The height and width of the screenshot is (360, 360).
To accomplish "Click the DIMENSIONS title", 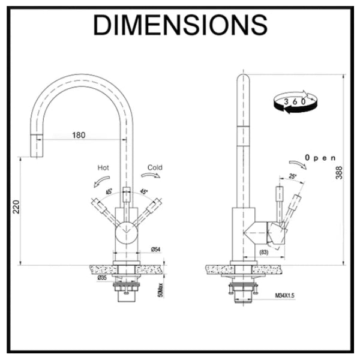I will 180,25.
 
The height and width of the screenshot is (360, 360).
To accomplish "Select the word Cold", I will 155,168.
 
